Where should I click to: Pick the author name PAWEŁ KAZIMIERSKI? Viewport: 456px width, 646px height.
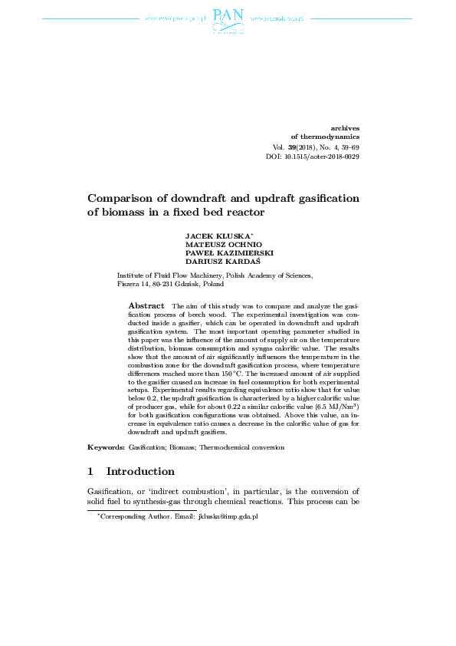click(x=230, y=252)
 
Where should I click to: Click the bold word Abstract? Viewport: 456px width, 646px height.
click(x=146, y=305)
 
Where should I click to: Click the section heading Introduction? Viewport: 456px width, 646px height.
click(x=140, y=471)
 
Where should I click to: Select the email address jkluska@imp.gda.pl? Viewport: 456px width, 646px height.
click(x=228, y=518)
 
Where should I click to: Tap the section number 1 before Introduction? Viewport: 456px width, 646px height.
click(x=90, y=471)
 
